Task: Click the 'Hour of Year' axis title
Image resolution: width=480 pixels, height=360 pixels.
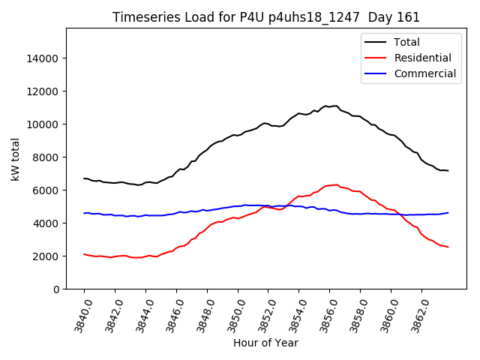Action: pos(265,343)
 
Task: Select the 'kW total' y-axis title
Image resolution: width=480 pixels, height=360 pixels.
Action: pos(15,158)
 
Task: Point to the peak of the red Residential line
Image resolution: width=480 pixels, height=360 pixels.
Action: pos(336,184)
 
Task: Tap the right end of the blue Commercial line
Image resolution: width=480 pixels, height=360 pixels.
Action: pos(448,212)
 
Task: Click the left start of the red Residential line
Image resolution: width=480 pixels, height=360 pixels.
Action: pos(84,254)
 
